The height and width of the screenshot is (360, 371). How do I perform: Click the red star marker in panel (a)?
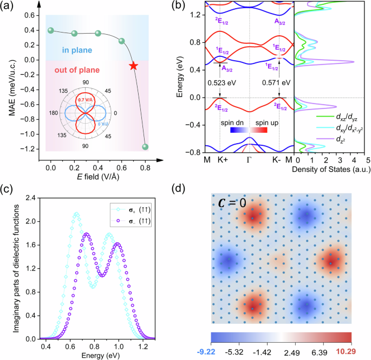[x=133, y=66]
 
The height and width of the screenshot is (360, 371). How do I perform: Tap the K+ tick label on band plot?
[x=220, y=160]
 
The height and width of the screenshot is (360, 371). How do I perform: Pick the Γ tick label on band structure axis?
[x=249, y=160]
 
